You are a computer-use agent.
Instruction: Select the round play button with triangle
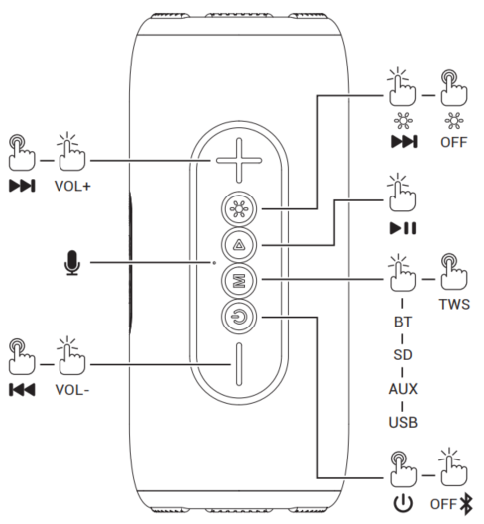237,244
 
